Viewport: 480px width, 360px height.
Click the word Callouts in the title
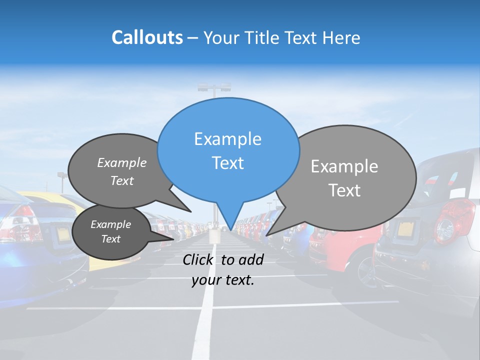click(147, 37)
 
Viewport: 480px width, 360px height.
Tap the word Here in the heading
click(340, 38)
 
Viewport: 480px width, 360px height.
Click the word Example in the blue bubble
click(227, 139)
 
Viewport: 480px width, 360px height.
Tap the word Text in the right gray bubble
click(344, 190)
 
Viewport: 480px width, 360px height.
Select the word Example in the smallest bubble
click(110, 224)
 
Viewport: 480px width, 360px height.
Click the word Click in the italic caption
click(198, 259)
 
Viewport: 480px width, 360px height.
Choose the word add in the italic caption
click(251, 259)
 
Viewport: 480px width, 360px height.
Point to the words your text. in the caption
click(222, 280)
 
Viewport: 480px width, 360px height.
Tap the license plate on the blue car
click(63, 233)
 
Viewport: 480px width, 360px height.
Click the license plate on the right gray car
click(406, 229)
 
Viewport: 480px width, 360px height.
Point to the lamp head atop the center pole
click(214, 87)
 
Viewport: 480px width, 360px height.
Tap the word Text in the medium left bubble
click(122, 181)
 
